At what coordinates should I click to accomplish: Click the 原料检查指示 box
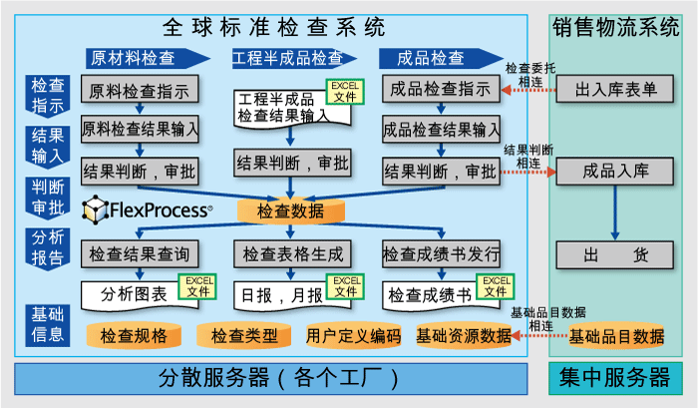(x=140, y=92)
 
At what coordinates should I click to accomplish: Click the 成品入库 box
(x=616, y=171)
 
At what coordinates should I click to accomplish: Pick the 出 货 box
(x=616, y=254)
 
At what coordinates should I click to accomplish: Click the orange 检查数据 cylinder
(x=290, y=211)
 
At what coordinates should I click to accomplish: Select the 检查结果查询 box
(x=140, y=253)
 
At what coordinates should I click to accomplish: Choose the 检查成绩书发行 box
(x=441, y=253)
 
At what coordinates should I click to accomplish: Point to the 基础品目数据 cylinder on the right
(x=616, y=336)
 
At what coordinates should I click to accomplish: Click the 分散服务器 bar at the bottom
(x=270, y=378)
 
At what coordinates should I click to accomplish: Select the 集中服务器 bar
(x=615, y=378)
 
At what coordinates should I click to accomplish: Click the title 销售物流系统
(x=615, y=27)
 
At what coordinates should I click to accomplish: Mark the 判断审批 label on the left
(x=47, y=196)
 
